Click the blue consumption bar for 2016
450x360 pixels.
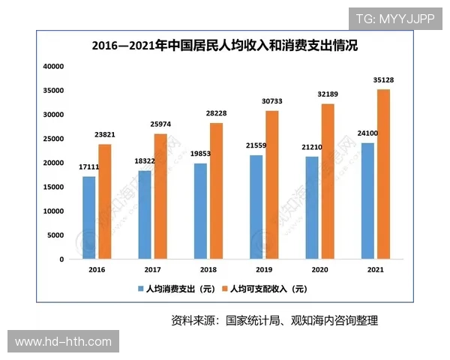[89, 217]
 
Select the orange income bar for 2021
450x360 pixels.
[383, 174]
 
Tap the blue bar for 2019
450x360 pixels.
[256, 207]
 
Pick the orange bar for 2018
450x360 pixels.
[215, 190]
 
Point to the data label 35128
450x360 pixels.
[383, 81]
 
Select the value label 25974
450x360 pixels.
[160, 125]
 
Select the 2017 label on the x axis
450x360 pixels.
[152, 269]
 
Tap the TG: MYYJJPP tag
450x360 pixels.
[395, 19]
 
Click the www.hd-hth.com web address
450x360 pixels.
[63, 342]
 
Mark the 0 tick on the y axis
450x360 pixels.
[62, 259]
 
